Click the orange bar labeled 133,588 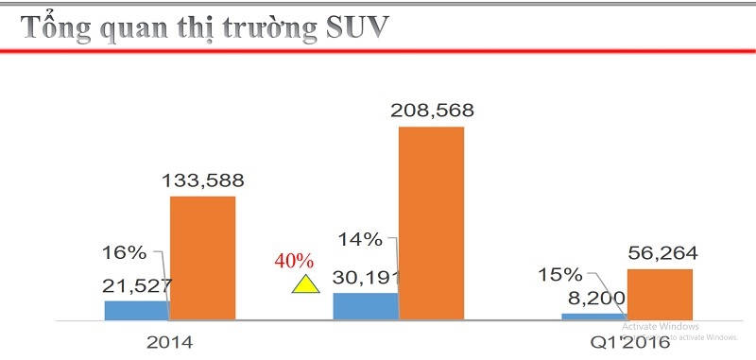click(x=202, y=257)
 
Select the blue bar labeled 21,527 click(x=136, y=310)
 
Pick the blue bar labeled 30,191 click(x=365, y=305)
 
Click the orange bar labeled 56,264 click(x=660, y=294)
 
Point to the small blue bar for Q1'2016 click(x=593, y=316)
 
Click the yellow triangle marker click(x=304, y=284)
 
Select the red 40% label click(x=293, y=260)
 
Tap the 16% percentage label click(x=124, y=252)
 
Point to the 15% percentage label click(x=560, y=274)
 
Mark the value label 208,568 click(x=432, y=111)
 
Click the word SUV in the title click(x=347, y=27)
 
